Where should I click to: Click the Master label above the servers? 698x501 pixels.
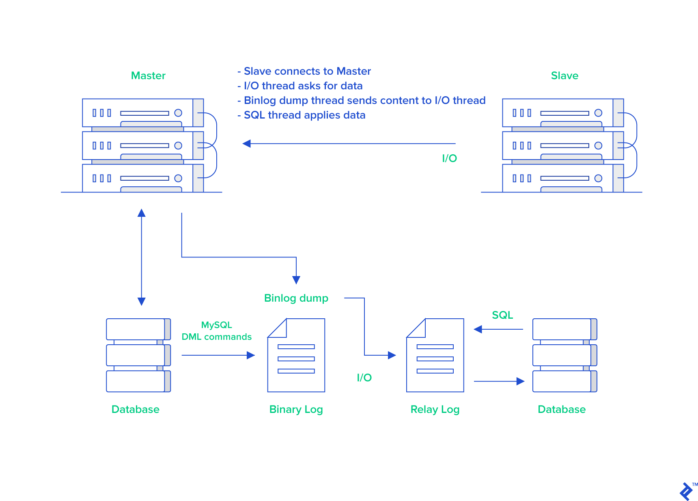click(148, 76)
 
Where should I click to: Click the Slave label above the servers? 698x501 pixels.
click(564, 76)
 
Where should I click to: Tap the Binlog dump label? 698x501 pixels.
click(296, 298)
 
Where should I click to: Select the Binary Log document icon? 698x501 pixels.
click(296, 355)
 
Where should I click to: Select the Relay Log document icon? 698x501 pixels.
click(435, 355)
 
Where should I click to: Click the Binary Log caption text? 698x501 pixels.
click(296, 409)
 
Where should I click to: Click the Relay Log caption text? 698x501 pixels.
click(435, 409)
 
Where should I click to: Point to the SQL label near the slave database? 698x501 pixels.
click(502, 315)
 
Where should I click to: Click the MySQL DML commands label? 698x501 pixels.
click(216, 331)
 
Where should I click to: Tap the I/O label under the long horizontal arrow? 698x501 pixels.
click(449, 158)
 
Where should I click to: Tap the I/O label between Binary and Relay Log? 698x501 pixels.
click(364, 378)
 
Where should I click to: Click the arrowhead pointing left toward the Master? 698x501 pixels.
click(247, 144)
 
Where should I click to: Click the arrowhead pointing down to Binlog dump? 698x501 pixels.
click(296, 280)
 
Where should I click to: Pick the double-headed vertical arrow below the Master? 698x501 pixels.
click(141, 257)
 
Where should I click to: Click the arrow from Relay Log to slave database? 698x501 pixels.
click(499, 381)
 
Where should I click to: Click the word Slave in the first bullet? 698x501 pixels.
click(258, 71)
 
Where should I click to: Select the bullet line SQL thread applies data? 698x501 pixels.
click(304, 115)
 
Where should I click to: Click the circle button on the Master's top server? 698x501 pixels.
click(178, 113)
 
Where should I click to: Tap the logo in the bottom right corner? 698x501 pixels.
click(686, 491)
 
